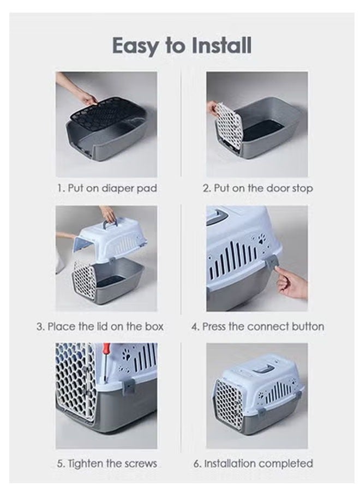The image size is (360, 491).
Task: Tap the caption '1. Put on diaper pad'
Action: [x=107, y=188]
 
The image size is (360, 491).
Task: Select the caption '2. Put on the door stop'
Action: [x=257, y=188]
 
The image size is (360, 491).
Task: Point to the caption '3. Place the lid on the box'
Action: [x=100, y=327]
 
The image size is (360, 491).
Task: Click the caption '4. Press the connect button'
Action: [x=257, y=327]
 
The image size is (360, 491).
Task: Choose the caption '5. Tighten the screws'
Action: [x=107, y=463]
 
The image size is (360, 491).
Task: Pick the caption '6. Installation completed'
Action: [x=253, y=463]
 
